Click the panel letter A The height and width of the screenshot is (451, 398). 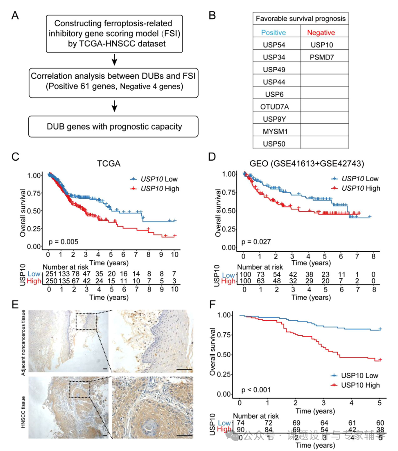(x=15, y=16)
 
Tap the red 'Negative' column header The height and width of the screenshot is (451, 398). (x=321, y=32)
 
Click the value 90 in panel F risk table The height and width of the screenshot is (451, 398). (x=239, y=429)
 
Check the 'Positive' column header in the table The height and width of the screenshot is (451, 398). (x=274, y=32)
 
